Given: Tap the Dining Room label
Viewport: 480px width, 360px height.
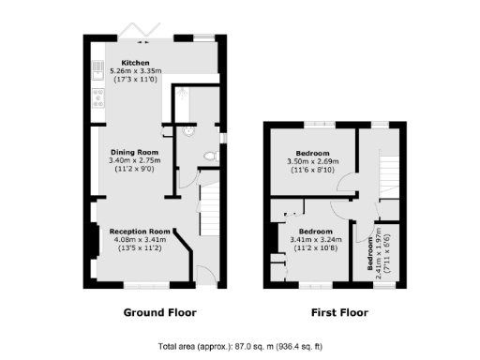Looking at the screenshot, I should tap(135, 152).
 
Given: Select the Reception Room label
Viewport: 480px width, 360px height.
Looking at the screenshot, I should tap(140, 231).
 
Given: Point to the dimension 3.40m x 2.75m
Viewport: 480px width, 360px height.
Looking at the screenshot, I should tap(135, 160).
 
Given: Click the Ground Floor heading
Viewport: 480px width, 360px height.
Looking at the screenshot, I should tap(160, 311).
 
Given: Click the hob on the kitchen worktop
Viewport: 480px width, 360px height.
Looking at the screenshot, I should tap(98, 96).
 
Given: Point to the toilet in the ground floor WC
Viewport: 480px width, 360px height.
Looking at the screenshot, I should tap(210, 154).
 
